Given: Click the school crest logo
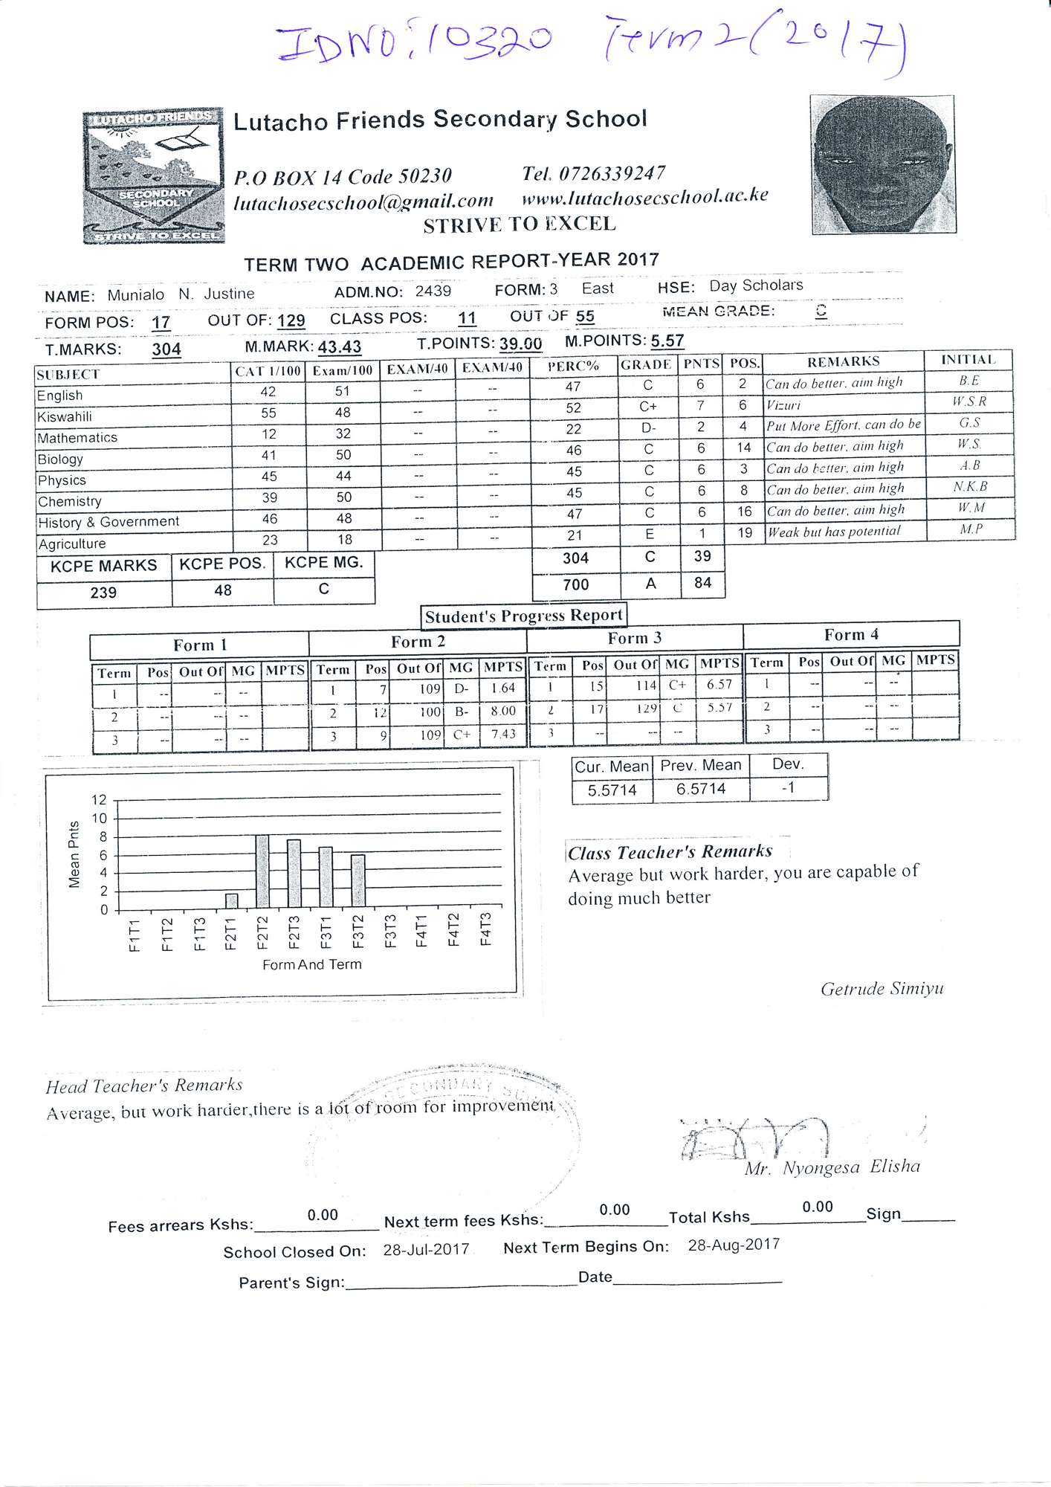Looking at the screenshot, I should [154, 175].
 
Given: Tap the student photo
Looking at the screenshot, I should [882, 164].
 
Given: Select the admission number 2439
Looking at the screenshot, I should [433, 291].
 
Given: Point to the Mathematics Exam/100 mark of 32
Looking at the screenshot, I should [343, 433].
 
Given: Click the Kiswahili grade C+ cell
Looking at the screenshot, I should [648, 406].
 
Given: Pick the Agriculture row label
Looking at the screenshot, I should [72, 544].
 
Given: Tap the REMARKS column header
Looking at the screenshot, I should [843, 362].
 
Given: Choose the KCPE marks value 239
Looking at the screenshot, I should [103, 593].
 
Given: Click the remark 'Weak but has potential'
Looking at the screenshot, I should [833, 532].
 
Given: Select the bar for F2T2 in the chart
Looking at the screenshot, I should [262, 871].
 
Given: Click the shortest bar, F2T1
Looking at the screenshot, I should [231, 900].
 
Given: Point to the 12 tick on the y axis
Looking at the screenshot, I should [100, 800].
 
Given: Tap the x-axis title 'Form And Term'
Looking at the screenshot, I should [311, 964].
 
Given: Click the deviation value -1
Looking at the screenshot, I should [788, 787].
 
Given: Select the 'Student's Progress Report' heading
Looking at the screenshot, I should [523, 616].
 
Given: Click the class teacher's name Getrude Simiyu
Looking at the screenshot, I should [882, 989].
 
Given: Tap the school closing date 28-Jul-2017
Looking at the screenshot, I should [426, 1250].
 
